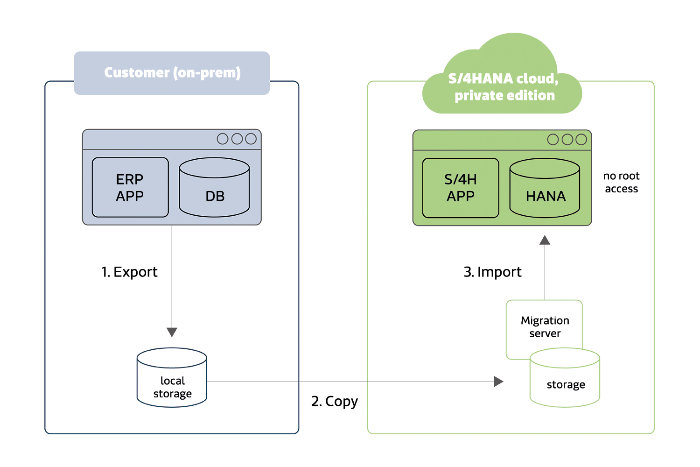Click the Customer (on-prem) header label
pos(172,73)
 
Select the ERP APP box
pos(130,187)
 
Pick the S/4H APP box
pos(461,188)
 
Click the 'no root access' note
pos(621,182)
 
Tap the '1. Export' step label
pos(130,272)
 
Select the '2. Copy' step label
pos(335,401)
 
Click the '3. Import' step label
pos(493,272)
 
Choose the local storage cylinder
pos(172,378)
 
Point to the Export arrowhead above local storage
pos(172,332)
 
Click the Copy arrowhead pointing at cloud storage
pos(498,382)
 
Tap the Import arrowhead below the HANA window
pos(545,240)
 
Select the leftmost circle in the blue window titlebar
pos(223,139)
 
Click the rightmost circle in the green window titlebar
pos(581,140)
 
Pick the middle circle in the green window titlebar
pos(567,140)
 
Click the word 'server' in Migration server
pos(545,334)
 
